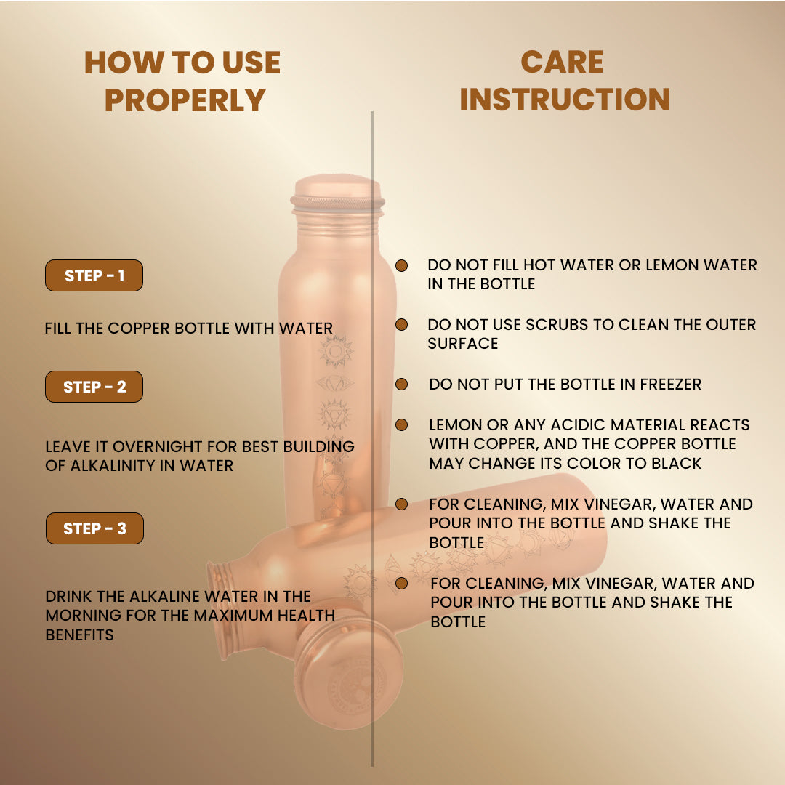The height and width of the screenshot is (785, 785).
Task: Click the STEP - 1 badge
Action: tap(94, 275)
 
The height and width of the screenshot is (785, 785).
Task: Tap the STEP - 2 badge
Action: tap(94, 387)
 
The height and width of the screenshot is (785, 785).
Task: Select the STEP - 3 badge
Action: tap(94, 528)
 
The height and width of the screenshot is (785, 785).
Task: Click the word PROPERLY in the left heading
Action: tap(185, 100)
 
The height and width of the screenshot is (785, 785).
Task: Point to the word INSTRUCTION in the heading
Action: tap(565, 100)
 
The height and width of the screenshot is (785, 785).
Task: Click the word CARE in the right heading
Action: tap(562, 63)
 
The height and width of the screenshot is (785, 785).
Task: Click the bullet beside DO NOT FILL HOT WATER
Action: tap(401, 265)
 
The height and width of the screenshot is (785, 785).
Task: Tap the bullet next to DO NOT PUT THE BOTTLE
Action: tap(401, 384)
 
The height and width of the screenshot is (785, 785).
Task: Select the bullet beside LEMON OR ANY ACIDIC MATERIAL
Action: tap(401, 424)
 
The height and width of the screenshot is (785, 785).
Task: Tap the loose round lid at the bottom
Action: tap(348, 674)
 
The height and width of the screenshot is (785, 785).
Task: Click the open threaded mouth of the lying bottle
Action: tap(221, 609)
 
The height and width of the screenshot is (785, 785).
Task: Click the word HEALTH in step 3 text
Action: tap(302, 616)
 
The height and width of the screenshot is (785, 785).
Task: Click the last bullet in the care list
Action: tap(401, 583)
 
